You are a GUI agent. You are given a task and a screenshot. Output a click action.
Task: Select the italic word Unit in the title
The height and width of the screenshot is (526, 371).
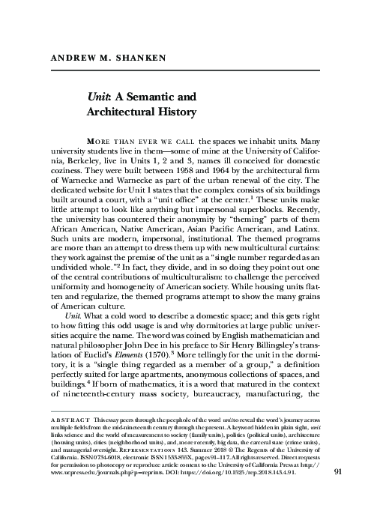coord(99,98)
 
